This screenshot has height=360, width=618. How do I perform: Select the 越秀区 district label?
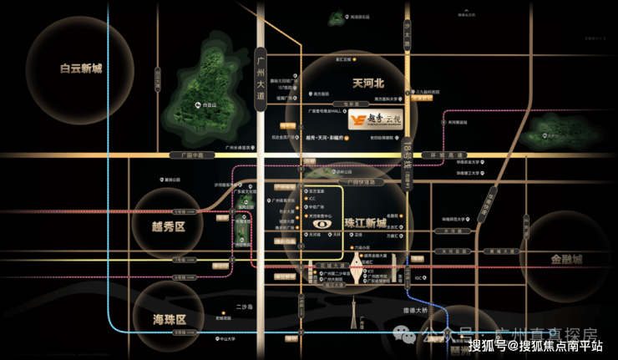(x=169, y=226)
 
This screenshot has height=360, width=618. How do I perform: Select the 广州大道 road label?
(x=260, y=75)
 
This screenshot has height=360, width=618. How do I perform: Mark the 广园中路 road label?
(x=180, y=155)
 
